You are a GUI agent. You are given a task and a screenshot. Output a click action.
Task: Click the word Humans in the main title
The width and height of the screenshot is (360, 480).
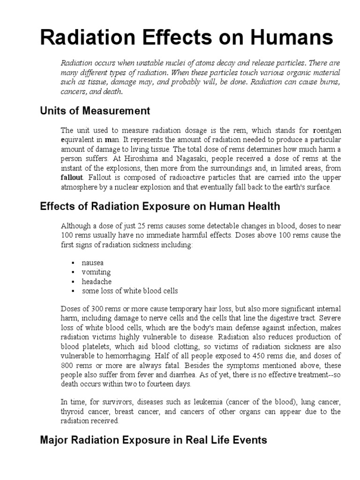click(x=285, y=37)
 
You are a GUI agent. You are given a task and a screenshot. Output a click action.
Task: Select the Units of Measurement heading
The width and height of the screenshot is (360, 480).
click(x=95, y=111)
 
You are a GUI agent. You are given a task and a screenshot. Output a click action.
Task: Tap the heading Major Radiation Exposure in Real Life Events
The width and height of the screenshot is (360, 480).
click(x=154, y=440)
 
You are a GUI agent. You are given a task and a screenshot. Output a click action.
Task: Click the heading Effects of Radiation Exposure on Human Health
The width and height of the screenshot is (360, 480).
click(x=160, y=206)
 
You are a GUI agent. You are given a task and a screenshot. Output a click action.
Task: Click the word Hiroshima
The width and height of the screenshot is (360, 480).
click(x=139, y=158)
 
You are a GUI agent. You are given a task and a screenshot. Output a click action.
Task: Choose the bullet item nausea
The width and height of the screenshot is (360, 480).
click(x=92, y=262)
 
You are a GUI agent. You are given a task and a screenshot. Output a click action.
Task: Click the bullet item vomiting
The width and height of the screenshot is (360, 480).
click(x=96, y=272)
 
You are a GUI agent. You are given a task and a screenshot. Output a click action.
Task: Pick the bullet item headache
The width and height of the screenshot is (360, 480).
click(x=96, y=281)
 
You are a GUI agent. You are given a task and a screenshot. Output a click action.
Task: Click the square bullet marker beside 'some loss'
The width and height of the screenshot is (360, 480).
click(x=73, y=291)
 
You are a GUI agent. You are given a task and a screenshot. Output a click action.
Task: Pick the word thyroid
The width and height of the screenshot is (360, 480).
click(x=71, y=411)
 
